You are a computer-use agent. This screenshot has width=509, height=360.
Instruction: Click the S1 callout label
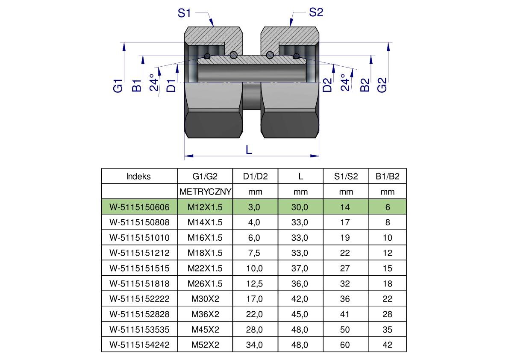click(184, 13)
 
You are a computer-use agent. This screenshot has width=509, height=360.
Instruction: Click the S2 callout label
click(316, 13)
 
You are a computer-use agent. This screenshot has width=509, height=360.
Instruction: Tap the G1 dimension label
click(118, 85)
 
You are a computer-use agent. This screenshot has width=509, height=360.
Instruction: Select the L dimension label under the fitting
click(249, 150)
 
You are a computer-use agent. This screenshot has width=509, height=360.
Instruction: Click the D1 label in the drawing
click(171, 85)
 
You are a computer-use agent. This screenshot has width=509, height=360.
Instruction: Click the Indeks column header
click(139, 177)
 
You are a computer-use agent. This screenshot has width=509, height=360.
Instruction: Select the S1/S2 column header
click(346, 177)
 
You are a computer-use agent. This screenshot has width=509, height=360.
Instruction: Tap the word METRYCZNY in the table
click(206, 192)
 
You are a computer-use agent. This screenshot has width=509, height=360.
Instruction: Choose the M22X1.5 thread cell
click(205, 268)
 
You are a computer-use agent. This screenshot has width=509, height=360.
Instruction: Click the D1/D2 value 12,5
click(255, 283)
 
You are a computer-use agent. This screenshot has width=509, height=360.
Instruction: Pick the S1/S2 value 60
click(345, 345)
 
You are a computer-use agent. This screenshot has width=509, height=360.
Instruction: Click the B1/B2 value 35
click(388, 330)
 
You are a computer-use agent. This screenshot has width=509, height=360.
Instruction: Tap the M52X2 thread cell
click(205, 345)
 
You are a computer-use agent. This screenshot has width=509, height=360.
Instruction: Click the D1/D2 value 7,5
click(255, 253)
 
